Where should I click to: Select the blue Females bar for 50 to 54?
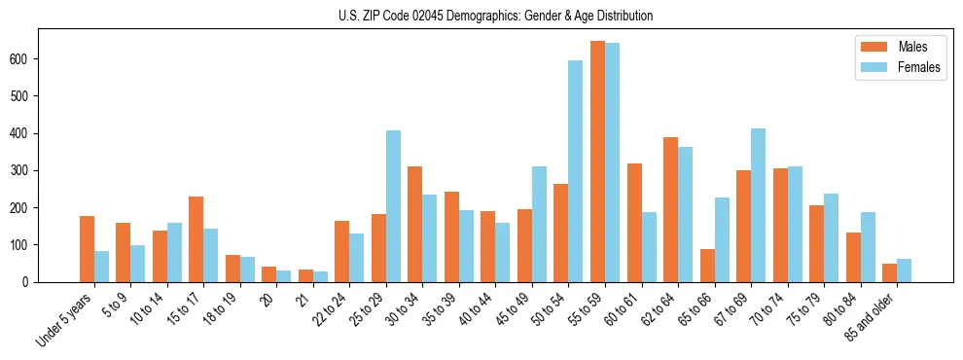(x=576, y=171)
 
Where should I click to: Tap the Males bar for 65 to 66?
(x=707, y=266)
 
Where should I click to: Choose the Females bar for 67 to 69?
(x=758, y=205)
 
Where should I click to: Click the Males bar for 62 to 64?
(x=670, y=209)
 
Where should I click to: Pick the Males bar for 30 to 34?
(x=415, y=224)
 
